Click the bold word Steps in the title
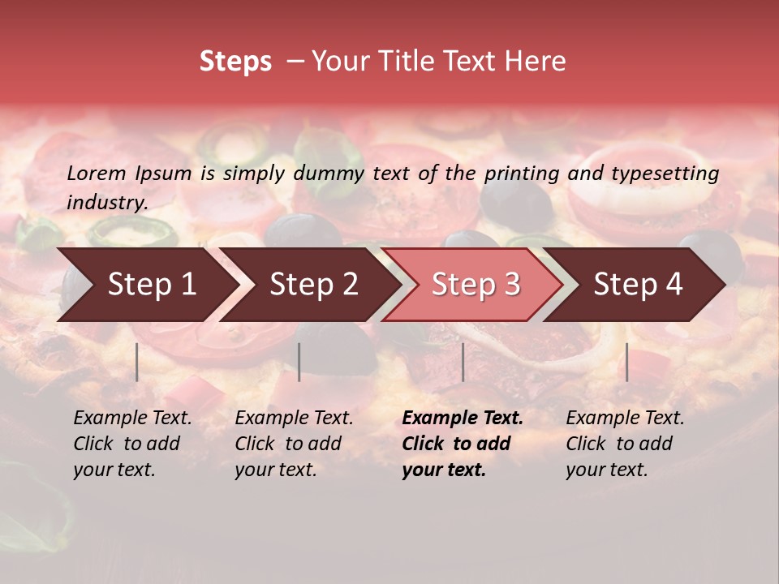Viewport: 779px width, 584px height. click(235, 62)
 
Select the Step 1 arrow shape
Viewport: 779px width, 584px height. click(146, 285)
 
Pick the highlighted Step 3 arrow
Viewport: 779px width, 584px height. click(475, 285)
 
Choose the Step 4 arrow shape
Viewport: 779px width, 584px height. click(637, 285)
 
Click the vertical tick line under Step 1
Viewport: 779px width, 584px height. click(137, 362)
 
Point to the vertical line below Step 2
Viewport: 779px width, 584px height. click(299, 362)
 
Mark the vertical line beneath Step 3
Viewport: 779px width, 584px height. click(463, 362)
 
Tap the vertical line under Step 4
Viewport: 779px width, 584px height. click(626, 362)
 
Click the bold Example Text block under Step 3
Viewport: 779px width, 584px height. click(463, 444)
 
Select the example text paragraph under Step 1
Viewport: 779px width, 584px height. click(132, 444)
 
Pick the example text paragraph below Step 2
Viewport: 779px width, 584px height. click(294, 444)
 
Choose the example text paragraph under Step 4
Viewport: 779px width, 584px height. click(625, 444)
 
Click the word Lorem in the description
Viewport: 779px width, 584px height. click(97, 173)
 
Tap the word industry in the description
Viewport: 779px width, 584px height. click(106, 203)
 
